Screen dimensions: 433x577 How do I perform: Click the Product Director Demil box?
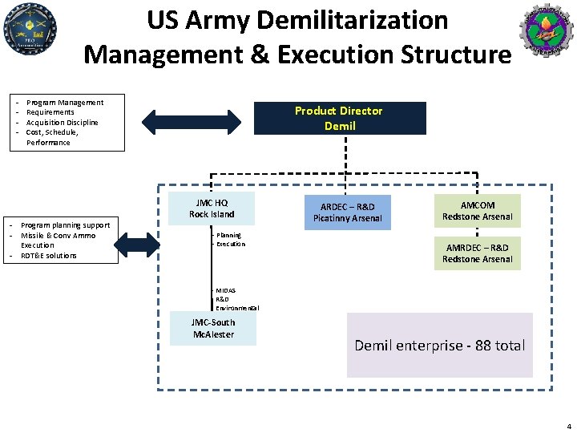point(338,118)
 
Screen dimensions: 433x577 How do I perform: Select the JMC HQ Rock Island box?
point(212,208)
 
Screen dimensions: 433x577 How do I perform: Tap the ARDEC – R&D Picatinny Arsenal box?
point(347,212)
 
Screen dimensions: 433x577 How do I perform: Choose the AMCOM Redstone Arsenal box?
point(478,211)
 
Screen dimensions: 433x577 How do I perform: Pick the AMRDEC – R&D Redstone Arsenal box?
point(478,253)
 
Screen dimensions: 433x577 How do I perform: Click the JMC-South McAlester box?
point(213,328)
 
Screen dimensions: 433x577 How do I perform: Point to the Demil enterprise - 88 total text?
point(439,346)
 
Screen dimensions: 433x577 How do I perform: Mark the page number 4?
point(568,426)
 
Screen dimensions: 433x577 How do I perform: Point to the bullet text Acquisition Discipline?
point(63,123)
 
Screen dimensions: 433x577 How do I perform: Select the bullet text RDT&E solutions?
point(49,256)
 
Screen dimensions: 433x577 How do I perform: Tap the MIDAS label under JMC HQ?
point(225,290)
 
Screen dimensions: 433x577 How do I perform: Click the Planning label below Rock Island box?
point(228,235)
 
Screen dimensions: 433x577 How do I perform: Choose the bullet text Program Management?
point(65,103)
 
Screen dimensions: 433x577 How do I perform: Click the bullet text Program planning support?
point(65,225)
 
